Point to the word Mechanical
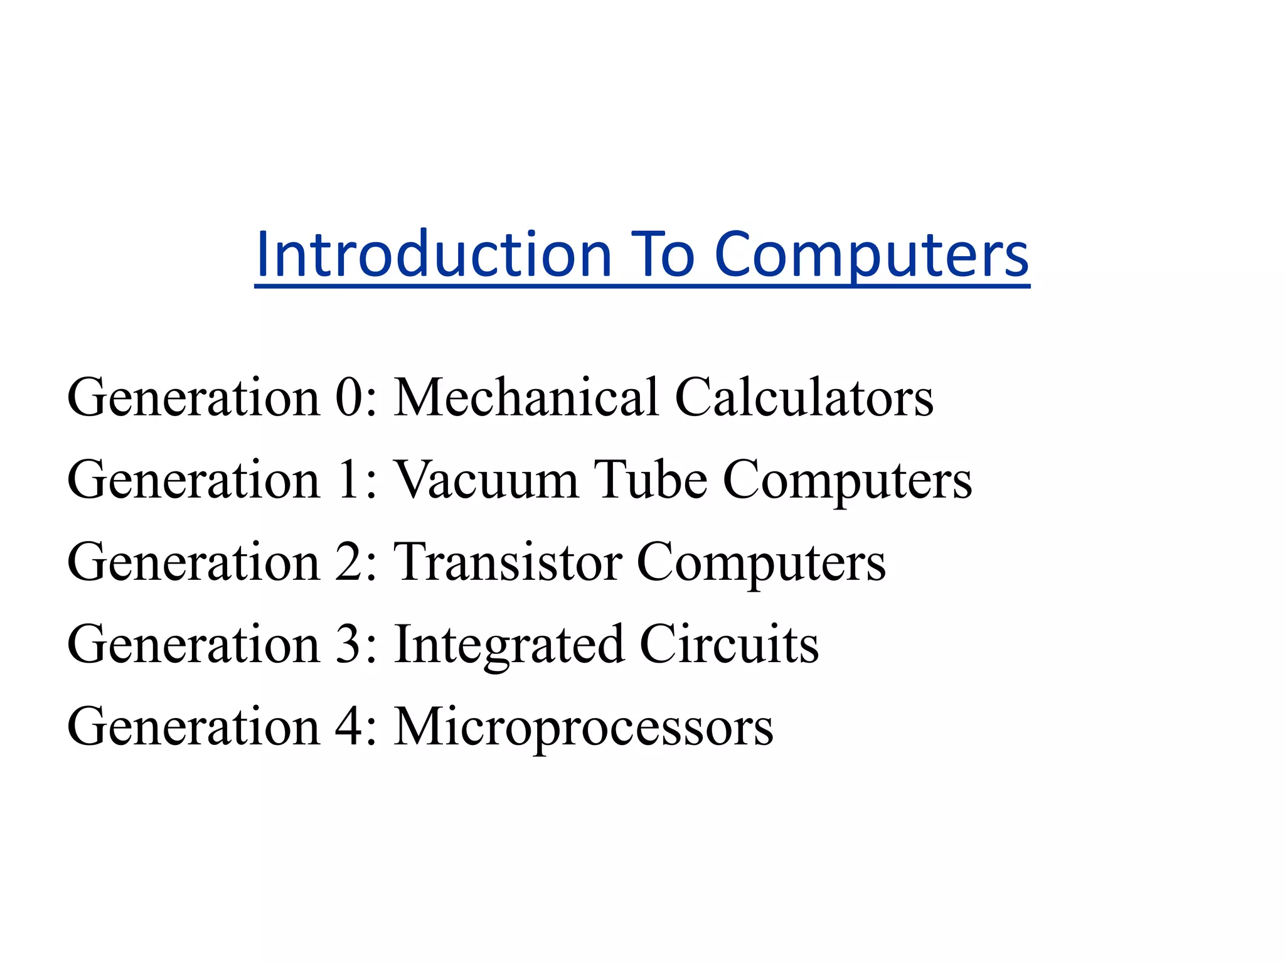point(526,397)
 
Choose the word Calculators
point(804,397)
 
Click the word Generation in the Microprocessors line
point(194,727)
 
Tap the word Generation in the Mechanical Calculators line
point(194,397)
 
